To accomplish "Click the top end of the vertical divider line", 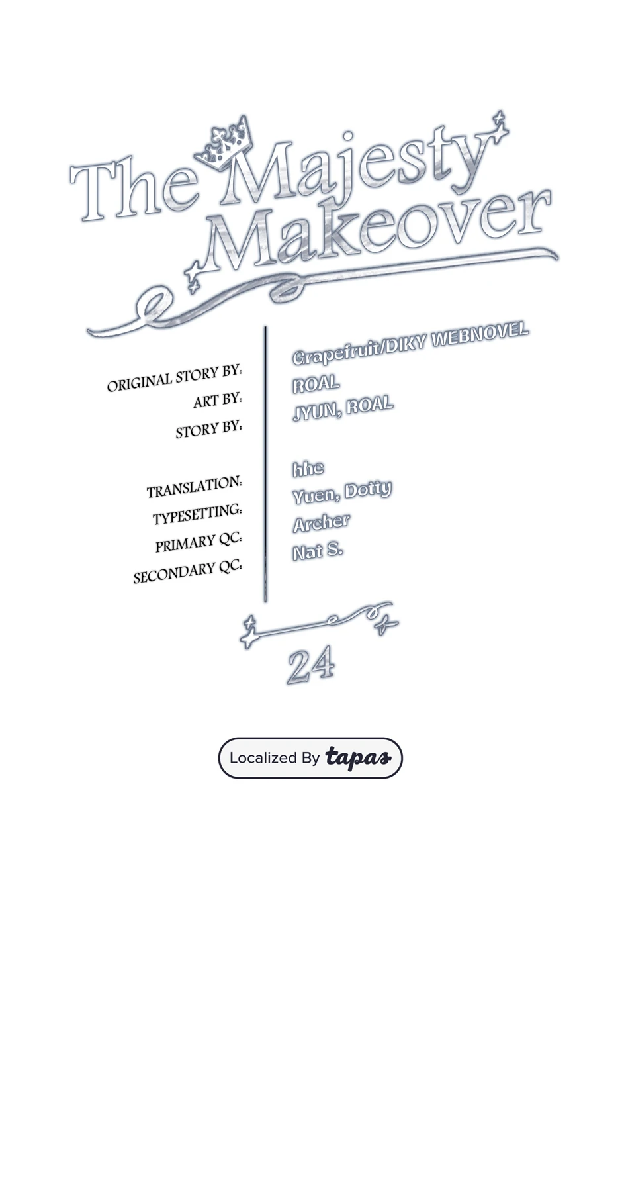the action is pos(265,327).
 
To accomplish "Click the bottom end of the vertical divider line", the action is pos(265,602).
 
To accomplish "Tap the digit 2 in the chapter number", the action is pos(300,666).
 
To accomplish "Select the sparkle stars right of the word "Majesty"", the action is pos(500,126).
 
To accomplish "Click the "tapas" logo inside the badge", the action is pos(358,757).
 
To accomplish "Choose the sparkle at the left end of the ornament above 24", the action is pos(249,632).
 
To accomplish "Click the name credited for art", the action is pos(316,383).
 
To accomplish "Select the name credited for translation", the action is pos(308,469).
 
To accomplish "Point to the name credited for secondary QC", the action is pos(318,550).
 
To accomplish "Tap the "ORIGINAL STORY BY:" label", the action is pos(175,378).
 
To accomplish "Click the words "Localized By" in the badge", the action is pos(275,757).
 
